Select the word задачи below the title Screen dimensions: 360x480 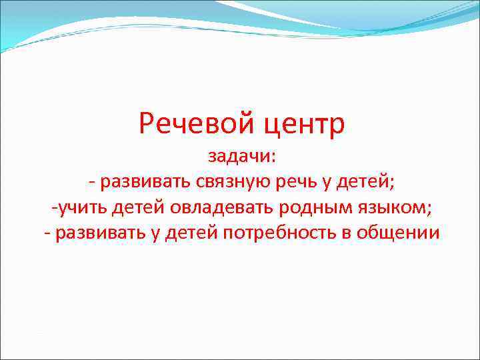(237, 157)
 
